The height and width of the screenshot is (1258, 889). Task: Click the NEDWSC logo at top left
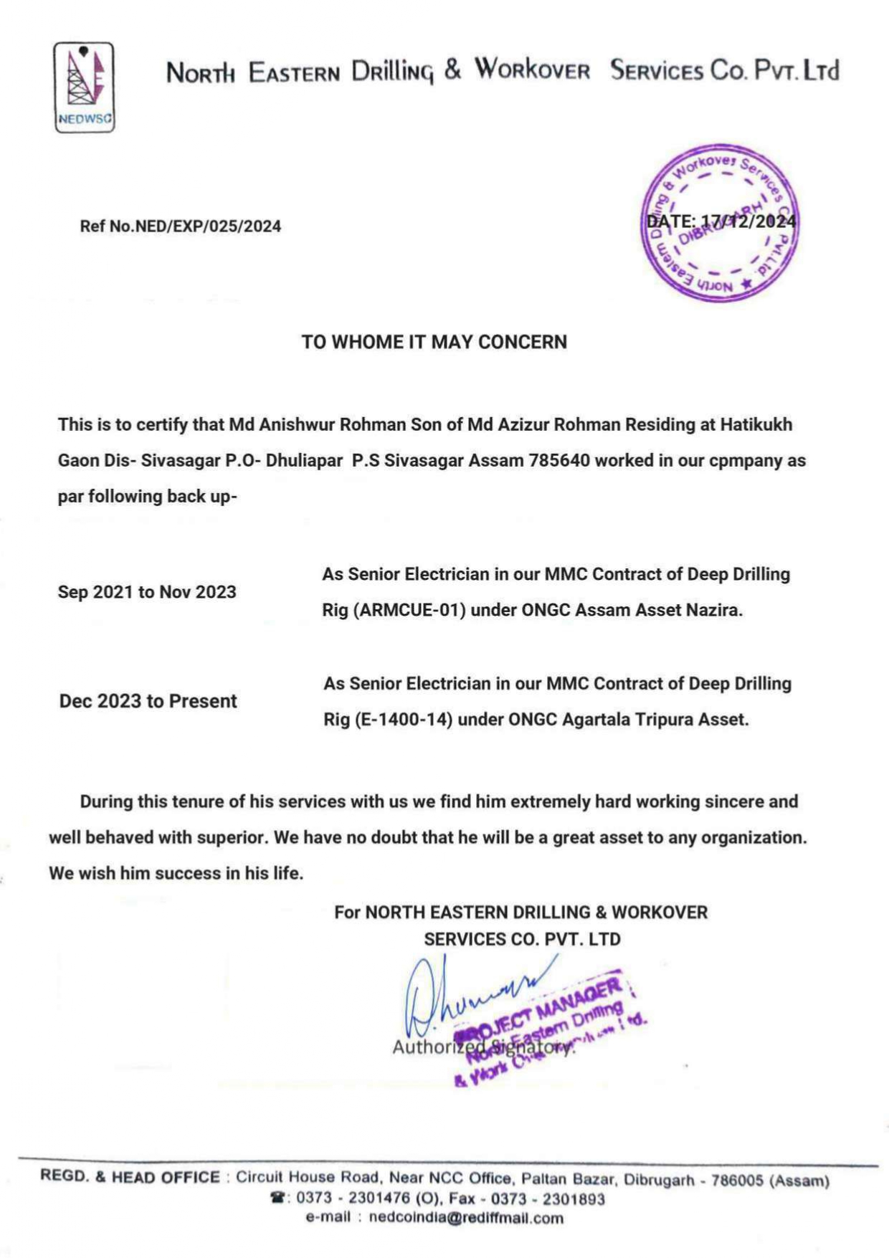[84, 87]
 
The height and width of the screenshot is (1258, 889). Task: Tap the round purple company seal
[719, 223]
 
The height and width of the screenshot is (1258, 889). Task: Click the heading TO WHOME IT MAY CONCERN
[434, 342]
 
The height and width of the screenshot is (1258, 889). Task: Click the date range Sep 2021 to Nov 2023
[147, 592]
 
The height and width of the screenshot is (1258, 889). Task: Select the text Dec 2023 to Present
[148, 701]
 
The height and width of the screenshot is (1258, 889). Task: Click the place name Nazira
[713, 610]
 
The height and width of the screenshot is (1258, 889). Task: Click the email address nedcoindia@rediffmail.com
[466, 1218]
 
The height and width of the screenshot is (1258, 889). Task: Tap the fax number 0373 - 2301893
[547, 1199]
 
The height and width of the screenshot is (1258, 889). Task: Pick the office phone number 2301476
[379, 1199]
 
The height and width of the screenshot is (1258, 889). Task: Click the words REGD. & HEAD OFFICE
[130, 1177]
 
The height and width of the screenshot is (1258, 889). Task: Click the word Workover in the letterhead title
[532, 70]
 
